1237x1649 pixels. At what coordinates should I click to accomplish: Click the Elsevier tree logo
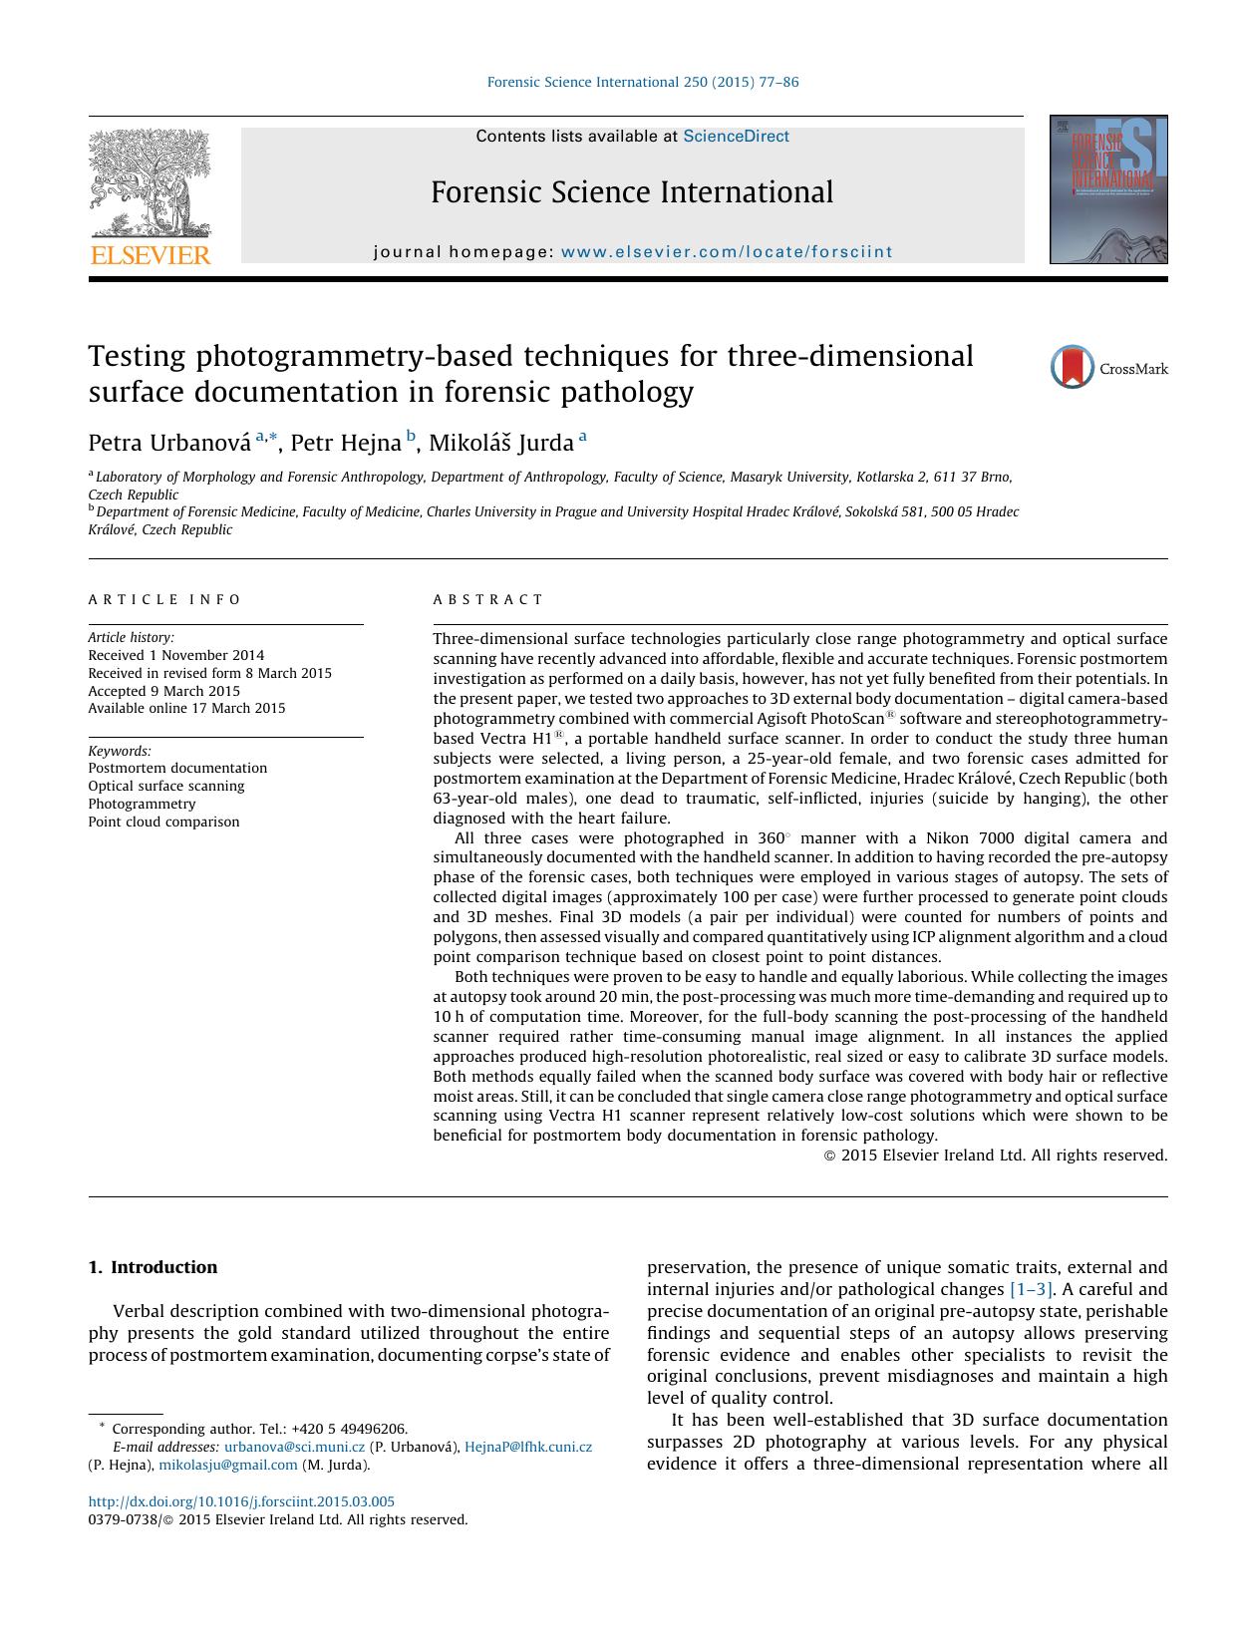[x=151, y=182]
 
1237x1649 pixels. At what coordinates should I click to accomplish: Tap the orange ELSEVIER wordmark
[x=151, y=256]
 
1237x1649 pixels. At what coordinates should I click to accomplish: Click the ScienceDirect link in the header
[x=736, y=137]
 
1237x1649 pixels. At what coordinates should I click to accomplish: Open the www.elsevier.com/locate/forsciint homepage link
[x=727, y=252]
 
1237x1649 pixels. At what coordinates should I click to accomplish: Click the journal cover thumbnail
[x=1107, y=189]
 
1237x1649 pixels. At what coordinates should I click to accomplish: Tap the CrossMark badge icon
[x=1073, y=368]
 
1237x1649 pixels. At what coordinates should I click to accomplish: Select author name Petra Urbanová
[x=169, y=443]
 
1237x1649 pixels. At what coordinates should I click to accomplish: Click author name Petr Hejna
[x=345, y=443]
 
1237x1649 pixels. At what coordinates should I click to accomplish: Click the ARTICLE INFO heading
[x=164, y=600]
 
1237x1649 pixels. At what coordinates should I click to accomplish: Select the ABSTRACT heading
[x=487, y=600]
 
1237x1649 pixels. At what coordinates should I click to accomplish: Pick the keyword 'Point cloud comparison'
[x=163, y=823]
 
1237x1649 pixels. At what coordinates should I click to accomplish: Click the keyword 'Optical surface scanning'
[x=165, y=787]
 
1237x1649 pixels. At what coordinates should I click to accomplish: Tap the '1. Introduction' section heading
[x=153, y=1267]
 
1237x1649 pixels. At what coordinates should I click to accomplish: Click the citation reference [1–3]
[x=1031, y=1290]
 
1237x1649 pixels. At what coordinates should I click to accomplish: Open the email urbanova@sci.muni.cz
[x=294, y=1447]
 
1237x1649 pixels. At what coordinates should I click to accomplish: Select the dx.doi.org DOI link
[x=241, y=1501]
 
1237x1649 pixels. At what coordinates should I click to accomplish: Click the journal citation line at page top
[x=642, y=82]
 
